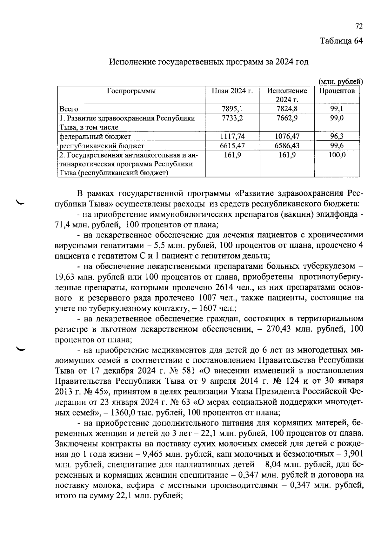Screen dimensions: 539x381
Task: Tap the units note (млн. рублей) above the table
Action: (340, 82)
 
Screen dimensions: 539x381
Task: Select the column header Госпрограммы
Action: (131, 91)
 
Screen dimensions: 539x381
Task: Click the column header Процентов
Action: (337, 91)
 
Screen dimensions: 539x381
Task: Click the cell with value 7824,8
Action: (287, 109)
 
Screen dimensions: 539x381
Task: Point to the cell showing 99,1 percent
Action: (337, 109)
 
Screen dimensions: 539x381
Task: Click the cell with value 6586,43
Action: (287, 146)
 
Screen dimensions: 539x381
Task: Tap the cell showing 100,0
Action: (337, 155)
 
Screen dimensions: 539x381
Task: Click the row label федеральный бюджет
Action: (95, 137)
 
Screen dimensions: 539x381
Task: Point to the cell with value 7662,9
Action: (287, 118)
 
